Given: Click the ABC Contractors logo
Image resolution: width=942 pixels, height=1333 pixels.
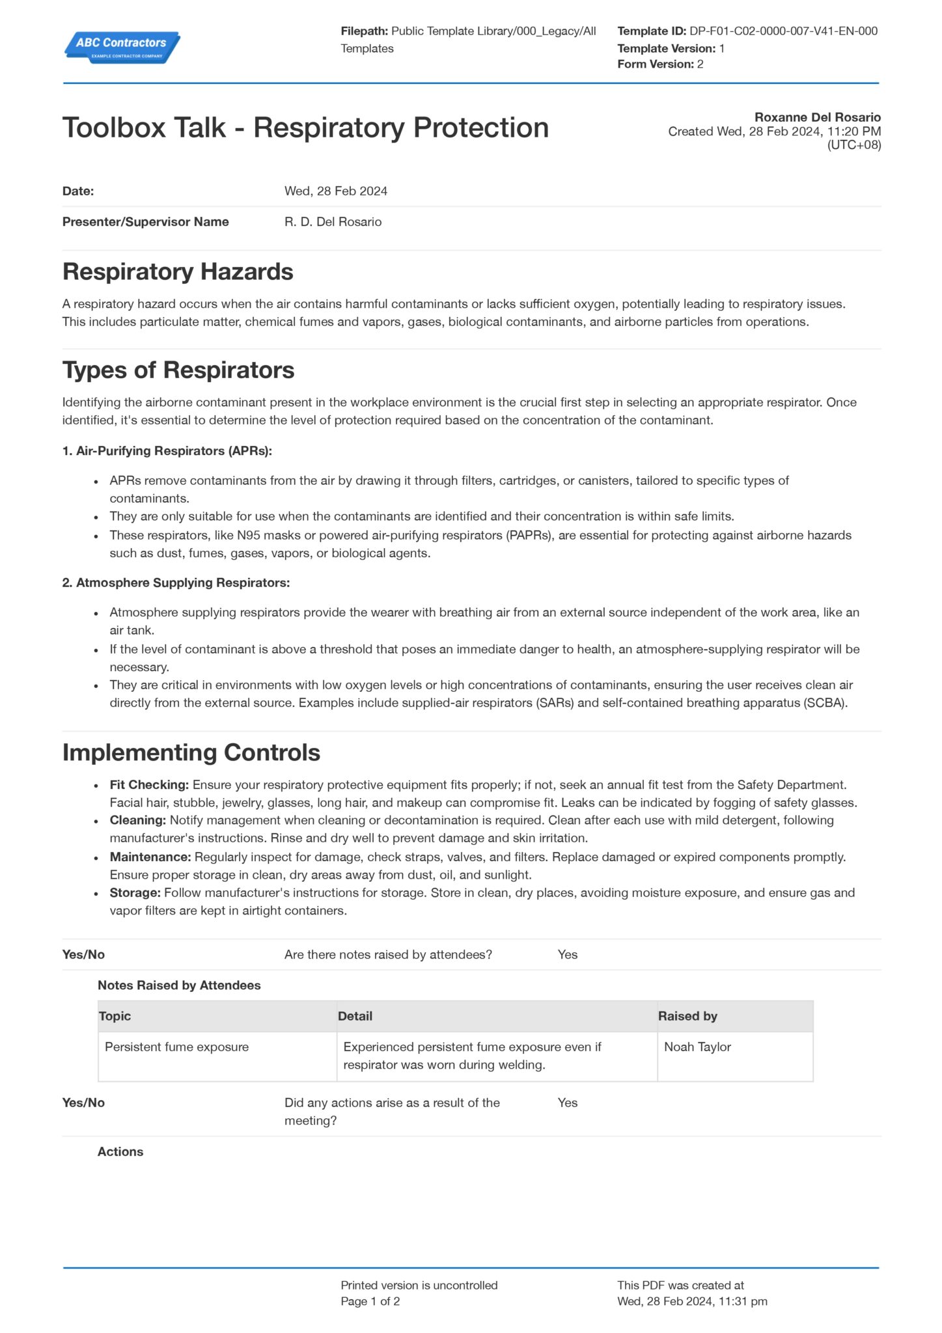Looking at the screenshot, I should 122,47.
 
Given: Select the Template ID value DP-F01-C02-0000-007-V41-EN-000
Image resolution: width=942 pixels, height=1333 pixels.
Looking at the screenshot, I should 783,31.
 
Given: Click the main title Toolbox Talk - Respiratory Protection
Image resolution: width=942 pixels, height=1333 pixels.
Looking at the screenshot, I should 305,128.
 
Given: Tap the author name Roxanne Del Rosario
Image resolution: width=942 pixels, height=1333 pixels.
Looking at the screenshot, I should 817,117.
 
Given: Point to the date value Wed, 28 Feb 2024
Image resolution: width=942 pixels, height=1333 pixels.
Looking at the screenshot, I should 335,191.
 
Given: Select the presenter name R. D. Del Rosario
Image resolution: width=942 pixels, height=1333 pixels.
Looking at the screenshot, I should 333,221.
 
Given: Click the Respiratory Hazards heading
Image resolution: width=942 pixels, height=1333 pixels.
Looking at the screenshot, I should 178,271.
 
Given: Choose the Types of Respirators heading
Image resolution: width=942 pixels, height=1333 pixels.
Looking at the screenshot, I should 178,370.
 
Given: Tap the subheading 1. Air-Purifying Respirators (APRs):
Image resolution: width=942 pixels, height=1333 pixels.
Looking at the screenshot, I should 167,450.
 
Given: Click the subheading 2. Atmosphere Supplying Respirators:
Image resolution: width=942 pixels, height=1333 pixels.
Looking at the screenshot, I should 176,583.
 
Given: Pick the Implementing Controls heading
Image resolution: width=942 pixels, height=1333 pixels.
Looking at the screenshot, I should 191,752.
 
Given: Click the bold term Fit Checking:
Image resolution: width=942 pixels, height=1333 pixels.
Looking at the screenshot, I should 149,785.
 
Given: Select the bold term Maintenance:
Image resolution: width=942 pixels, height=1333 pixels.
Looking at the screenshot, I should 150,857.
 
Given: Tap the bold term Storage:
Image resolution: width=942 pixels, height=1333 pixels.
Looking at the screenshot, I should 135,893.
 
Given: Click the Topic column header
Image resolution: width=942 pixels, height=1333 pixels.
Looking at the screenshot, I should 115,1016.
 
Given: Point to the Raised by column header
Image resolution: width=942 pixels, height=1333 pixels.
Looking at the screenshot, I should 687,1016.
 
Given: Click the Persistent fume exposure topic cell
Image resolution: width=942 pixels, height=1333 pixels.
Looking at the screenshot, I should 176,1047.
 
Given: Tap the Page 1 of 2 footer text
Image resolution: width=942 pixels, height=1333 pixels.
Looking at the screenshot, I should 370,1301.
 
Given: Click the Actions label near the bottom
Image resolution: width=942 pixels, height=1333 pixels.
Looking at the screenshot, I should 120,1151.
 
